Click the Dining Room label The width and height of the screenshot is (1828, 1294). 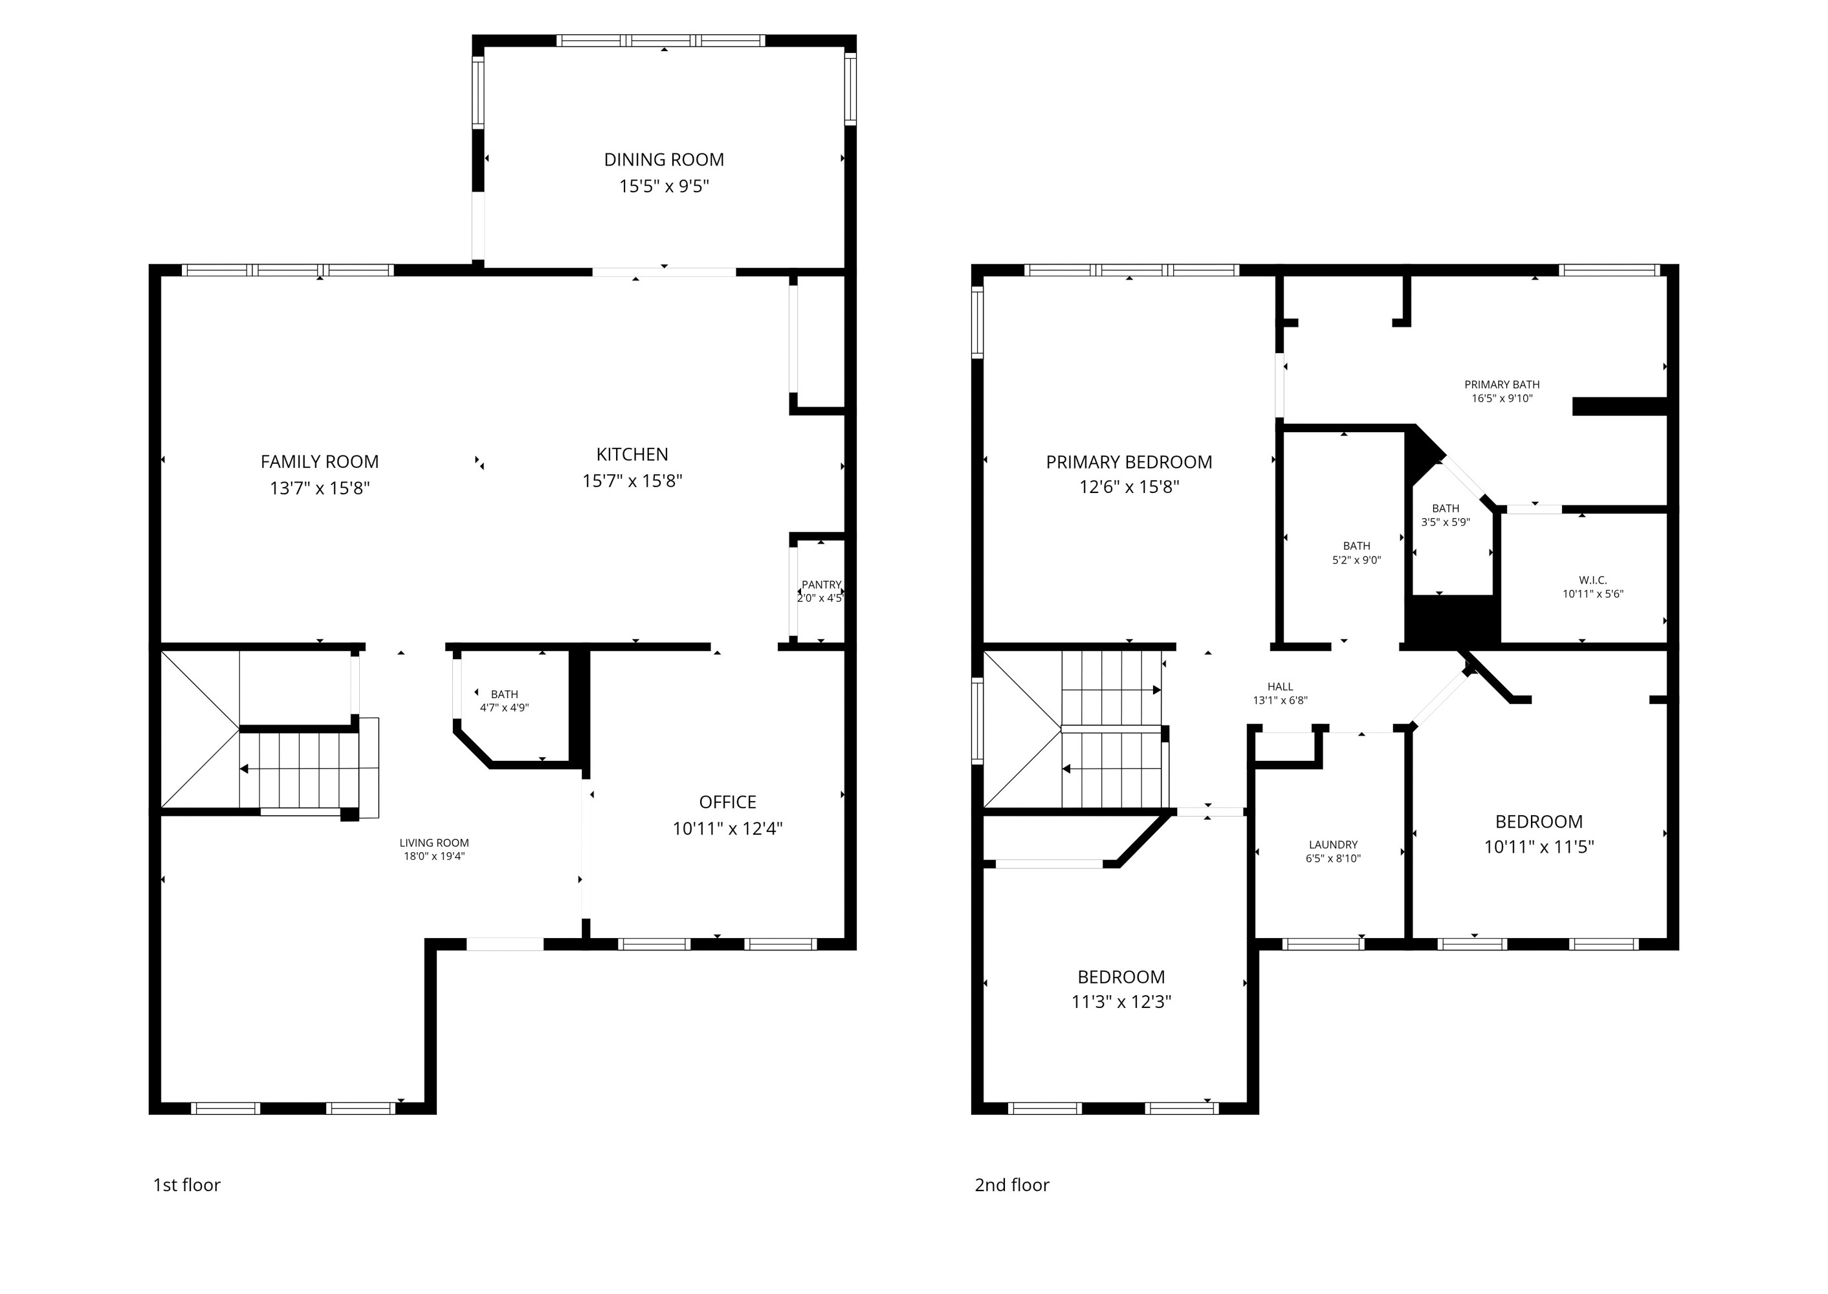(x=664, y=159)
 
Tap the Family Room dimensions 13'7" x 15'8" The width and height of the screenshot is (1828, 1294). (x=320, y=488)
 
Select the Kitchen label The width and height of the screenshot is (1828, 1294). (x=632, y=454)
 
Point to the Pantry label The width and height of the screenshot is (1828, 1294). (x=820, y=585)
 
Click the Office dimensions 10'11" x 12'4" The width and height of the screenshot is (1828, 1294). (x=727, y=828)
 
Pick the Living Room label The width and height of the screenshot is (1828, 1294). (x=434, y=842)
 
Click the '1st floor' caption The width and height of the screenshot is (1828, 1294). (x=186, y=1185)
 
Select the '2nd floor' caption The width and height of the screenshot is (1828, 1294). (x=1011, y=1185)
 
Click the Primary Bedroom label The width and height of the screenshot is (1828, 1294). (x=1129, y=462)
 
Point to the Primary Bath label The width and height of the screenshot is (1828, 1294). (x=1501, y=384)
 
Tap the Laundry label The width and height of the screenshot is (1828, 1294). (x=1332, y=844)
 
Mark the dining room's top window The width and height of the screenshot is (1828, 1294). (x=661, y=41)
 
